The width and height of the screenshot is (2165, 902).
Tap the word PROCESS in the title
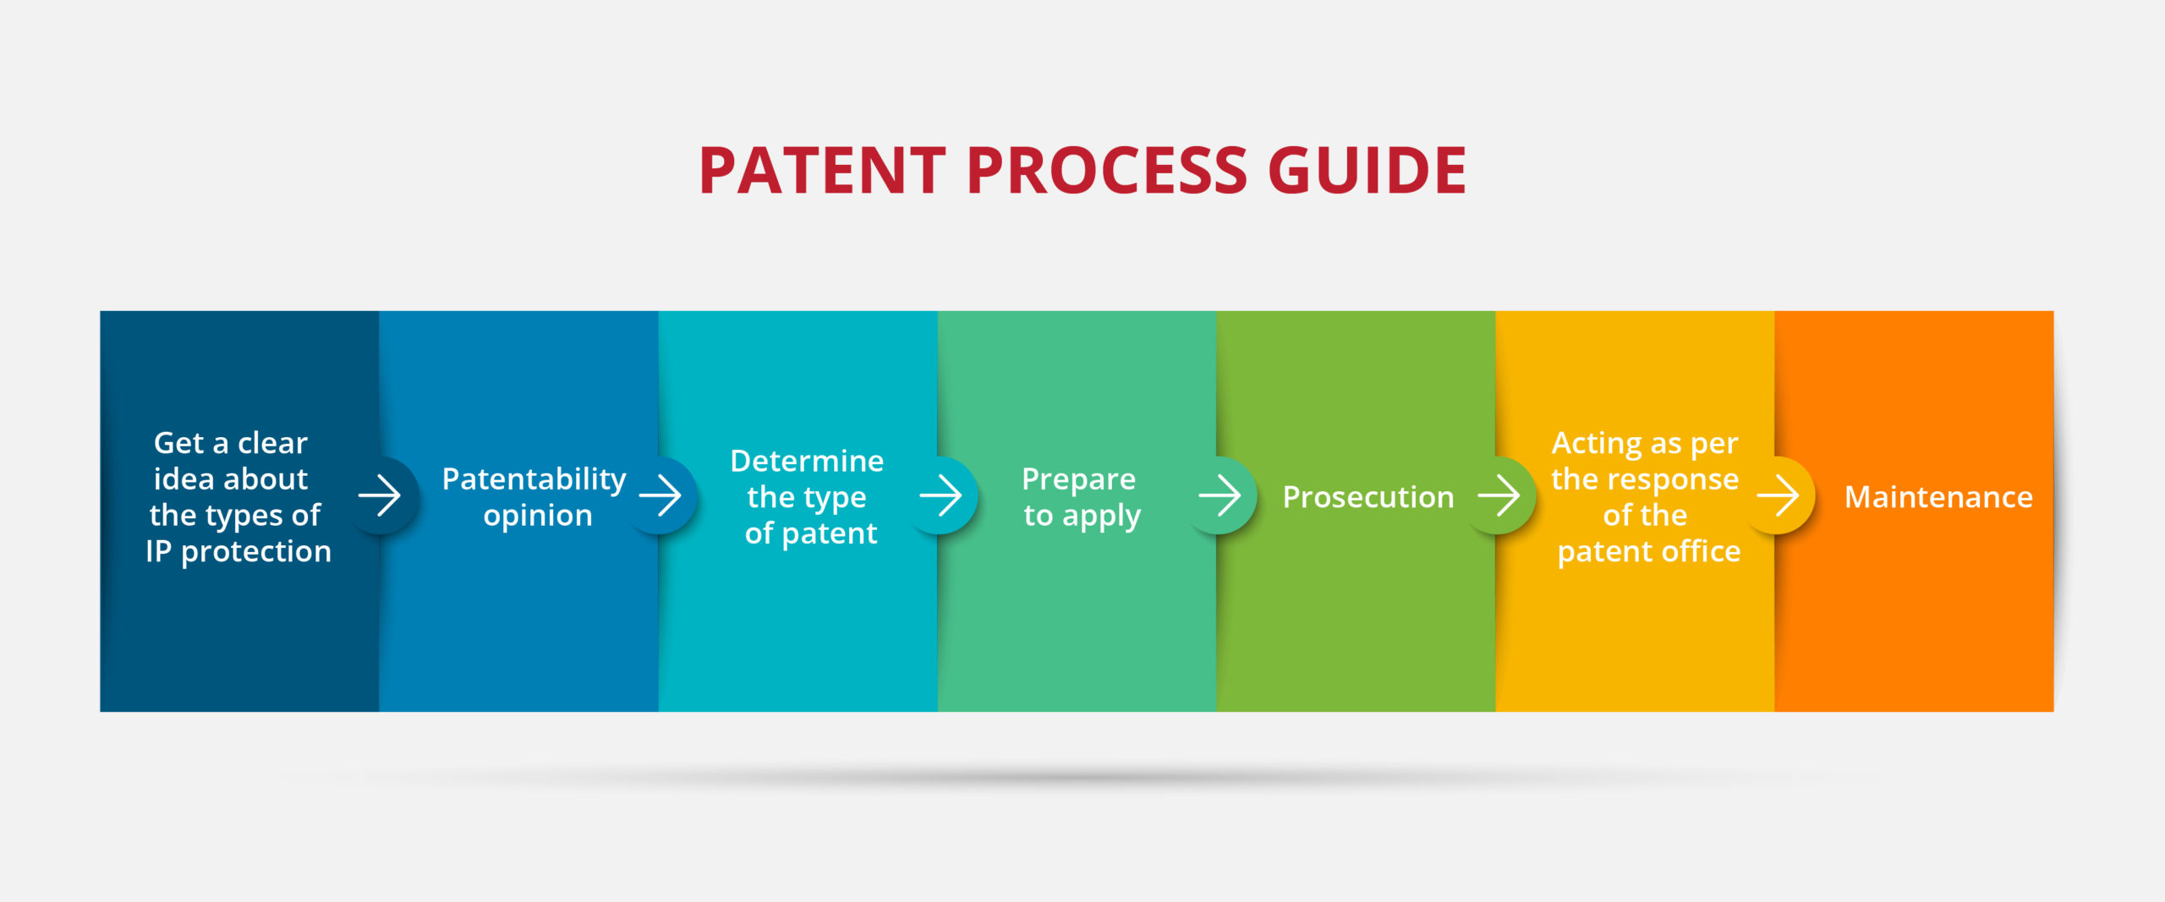[x=1106, y=171]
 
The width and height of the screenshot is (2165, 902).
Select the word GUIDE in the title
[x=1367, y=171]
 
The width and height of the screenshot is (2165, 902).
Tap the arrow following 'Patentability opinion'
[x=660, y=495]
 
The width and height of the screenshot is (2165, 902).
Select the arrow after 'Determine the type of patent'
[x=940, y=495]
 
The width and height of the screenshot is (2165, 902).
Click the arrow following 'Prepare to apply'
[x=1220, y=495]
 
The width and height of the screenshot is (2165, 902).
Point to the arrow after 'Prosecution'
[x=1499, y=495]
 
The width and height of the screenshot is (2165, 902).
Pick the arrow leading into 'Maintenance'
[x=1778, y=495]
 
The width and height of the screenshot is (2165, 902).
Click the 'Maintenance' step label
[x=1938, y=497]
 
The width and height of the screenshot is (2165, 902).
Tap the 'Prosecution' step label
[x=1368, y=497]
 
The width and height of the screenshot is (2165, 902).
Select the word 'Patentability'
[x=534, y=479]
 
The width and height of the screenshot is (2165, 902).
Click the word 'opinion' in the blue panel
[x=538, y=516]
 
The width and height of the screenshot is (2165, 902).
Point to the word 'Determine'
[x=807, y=461]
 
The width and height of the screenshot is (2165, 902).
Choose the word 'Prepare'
[x=1078, y=479]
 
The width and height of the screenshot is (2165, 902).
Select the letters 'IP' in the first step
[x=158, y=551]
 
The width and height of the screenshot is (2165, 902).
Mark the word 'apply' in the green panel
[x=1101, y=517]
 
